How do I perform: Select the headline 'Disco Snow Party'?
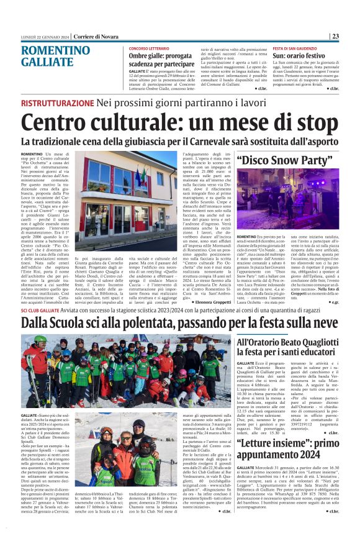(286, 160)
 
